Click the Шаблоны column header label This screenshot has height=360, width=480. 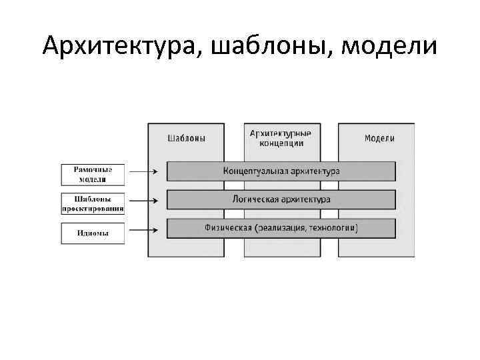pos(186,139)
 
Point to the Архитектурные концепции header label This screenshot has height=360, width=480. pos(281,138)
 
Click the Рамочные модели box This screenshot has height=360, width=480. pos(93,175)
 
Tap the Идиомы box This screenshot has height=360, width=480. pos(93,233)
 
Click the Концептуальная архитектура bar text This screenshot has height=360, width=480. pos(281,171)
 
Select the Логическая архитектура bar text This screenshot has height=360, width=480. pos(281,199)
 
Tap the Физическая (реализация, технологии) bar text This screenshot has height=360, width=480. pos(281,228)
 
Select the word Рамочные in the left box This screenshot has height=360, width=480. pos(93,170)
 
